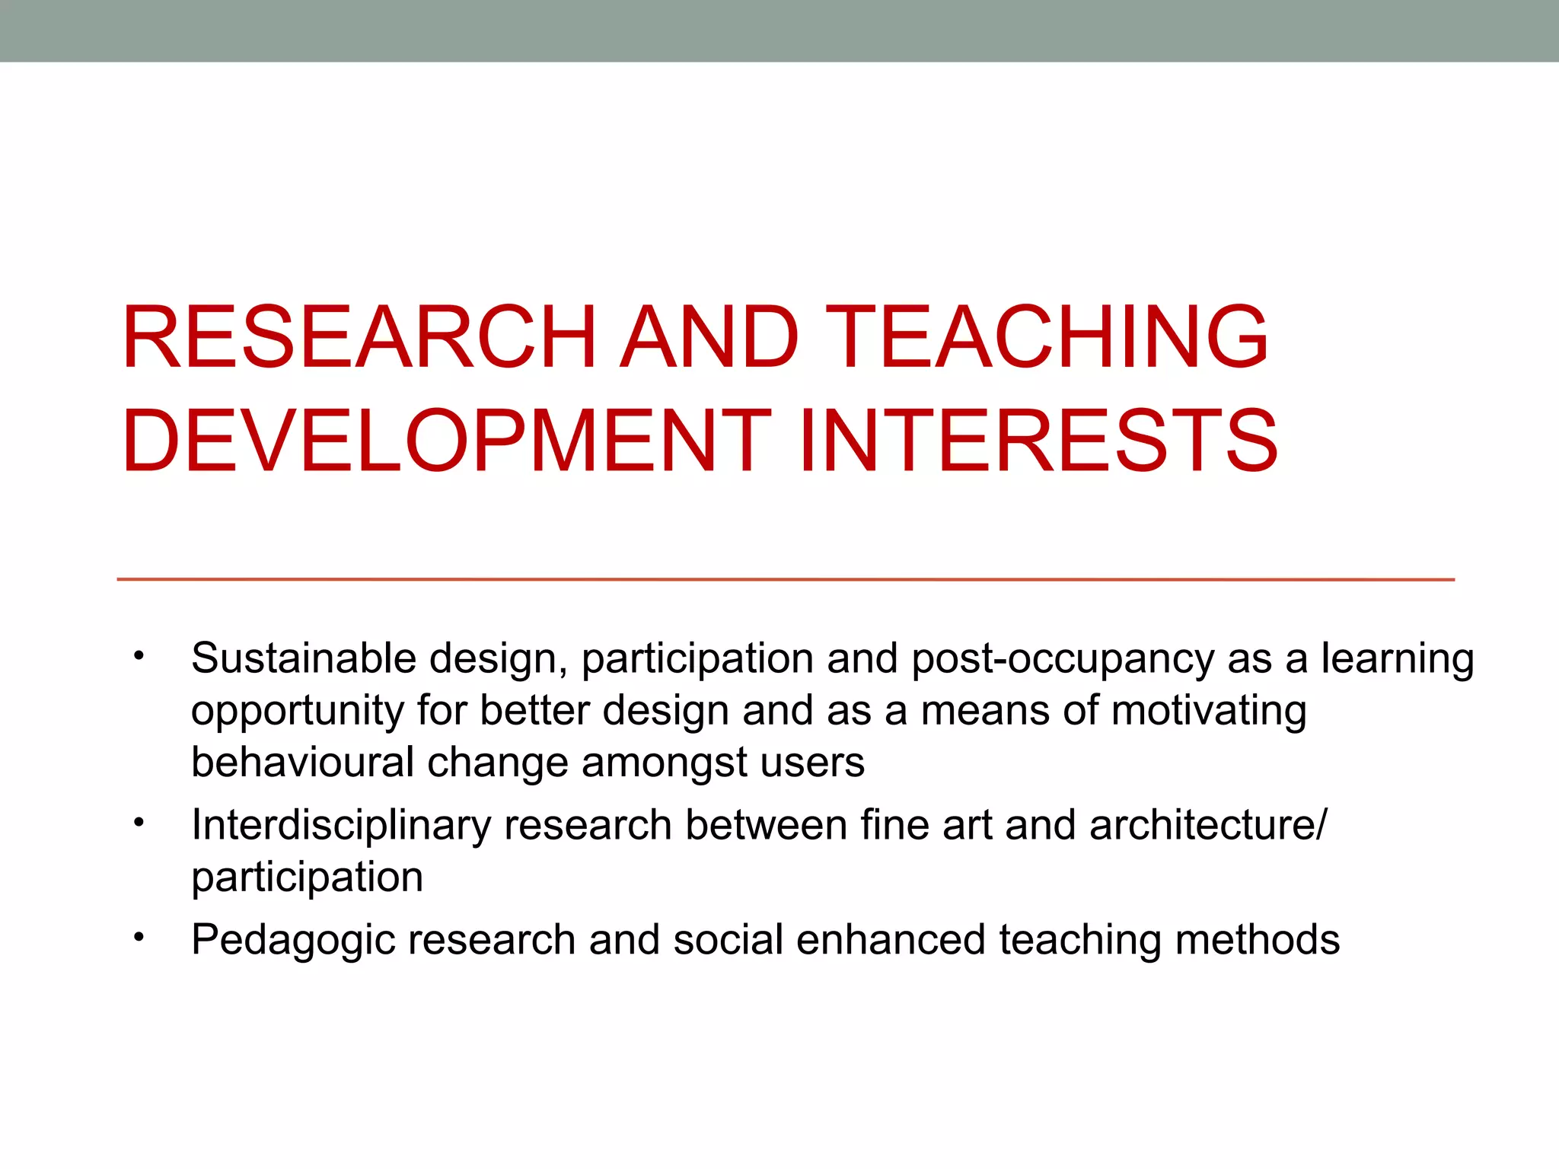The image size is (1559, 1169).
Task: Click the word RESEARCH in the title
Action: [359, 337]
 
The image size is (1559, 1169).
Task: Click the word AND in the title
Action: [709, 337]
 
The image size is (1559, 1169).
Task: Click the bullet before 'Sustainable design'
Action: [138, 656]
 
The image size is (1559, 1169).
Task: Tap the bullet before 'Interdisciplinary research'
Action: [138, 823]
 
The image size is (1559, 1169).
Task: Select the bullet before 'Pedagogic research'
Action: [138, 938]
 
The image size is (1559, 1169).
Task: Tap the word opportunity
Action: [297, 712]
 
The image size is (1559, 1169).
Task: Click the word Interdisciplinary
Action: [340, 827]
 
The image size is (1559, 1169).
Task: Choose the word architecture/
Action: [1208, 825]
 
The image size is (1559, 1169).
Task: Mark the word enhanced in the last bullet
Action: [891, 939]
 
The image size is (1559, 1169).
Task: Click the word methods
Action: [1257, 939]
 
